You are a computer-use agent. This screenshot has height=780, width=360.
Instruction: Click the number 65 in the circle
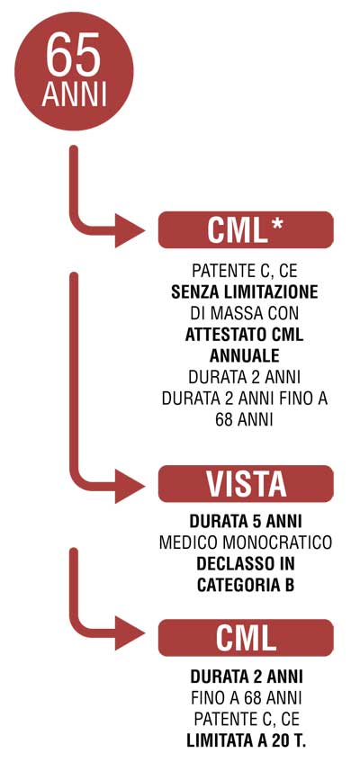pyautogui.click(x=74, y=55)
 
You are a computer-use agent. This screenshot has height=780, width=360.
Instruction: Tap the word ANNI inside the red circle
pyautogui.click(x=74, y=95)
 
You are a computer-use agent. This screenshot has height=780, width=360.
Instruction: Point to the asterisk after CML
pyautogui.click(x=276, y=224)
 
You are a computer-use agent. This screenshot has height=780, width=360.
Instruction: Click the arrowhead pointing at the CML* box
pyautogui.click(x=130, y=230)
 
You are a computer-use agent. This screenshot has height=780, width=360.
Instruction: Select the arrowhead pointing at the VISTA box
pyautogui.click(x=130, y=486)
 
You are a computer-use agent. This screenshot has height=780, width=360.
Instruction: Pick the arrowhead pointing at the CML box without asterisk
pyautogui.click(x=130, y=633)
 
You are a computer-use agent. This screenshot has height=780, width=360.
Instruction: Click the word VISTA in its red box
pyautogui.click(x=247, y=484)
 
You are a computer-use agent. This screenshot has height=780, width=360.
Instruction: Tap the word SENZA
pyautogui.click(x=194, y=292)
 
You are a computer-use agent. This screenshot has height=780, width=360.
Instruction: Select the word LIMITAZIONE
pyautogui.click(x=269, y=292)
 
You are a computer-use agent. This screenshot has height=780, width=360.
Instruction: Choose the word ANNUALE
pyautogui.click(x=245, y=356)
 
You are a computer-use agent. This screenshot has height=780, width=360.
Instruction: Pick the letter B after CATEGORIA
pyautogui.click(x=288, y=586)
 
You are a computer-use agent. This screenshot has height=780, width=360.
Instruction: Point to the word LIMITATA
pyautogui.click(x=219, y=741)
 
